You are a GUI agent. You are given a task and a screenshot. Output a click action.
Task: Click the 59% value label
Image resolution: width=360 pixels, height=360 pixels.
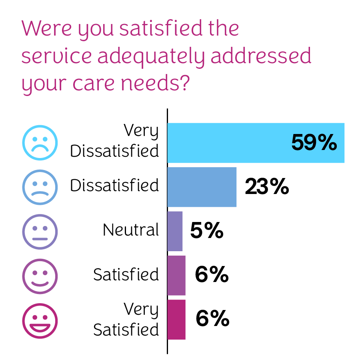pyautogui.click(x=314, y=142)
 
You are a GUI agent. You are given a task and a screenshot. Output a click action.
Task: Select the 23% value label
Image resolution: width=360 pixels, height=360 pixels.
pyautogui.click(x=267, y=186)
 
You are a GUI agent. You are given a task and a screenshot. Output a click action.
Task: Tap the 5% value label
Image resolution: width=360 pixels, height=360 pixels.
pyautogui.click(x=206, y=231)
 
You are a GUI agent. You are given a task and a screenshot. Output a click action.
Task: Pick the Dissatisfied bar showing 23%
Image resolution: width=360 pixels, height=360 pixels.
pyautogui.click(x=202, y=187)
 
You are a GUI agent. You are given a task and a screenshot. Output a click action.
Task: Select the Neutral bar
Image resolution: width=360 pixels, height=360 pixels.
pyautogui.click(x=175, y=231)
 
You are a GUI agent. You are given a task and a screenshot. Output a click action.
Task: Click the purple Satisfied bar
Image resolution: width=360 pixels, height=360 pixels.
pyautogui.click(x=176, y=275)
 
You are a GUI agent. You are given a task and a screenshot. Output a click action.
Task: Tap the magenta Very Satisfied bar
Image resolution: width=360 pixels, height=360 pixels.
pyautogui.click(x=176, y=319)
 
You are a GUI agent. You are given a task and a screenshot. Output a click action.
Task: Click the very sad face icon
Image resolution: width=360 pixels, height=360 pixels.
pyautogui.click(x=40, y=143)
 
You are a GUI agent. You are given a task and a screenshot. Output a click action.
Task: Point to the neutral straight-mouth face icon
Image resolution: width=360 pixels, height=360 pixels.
pyautogui.click(x=40, y=232)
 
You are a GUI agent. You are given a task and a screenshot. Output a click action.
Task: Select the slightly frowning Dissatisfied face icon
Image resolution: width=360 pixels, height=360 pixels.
pyautogui.click(x=40, y=187)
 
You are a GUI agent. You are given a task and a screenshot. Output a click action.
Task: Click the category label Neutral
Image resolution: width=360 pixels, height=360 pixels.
pyautogui.click(x=131, y=230)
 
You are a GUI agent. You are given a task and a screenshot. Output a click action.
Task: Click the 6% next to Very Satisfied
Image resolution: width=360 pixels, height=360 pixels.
pyautogui.click(x=212, y=319)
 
